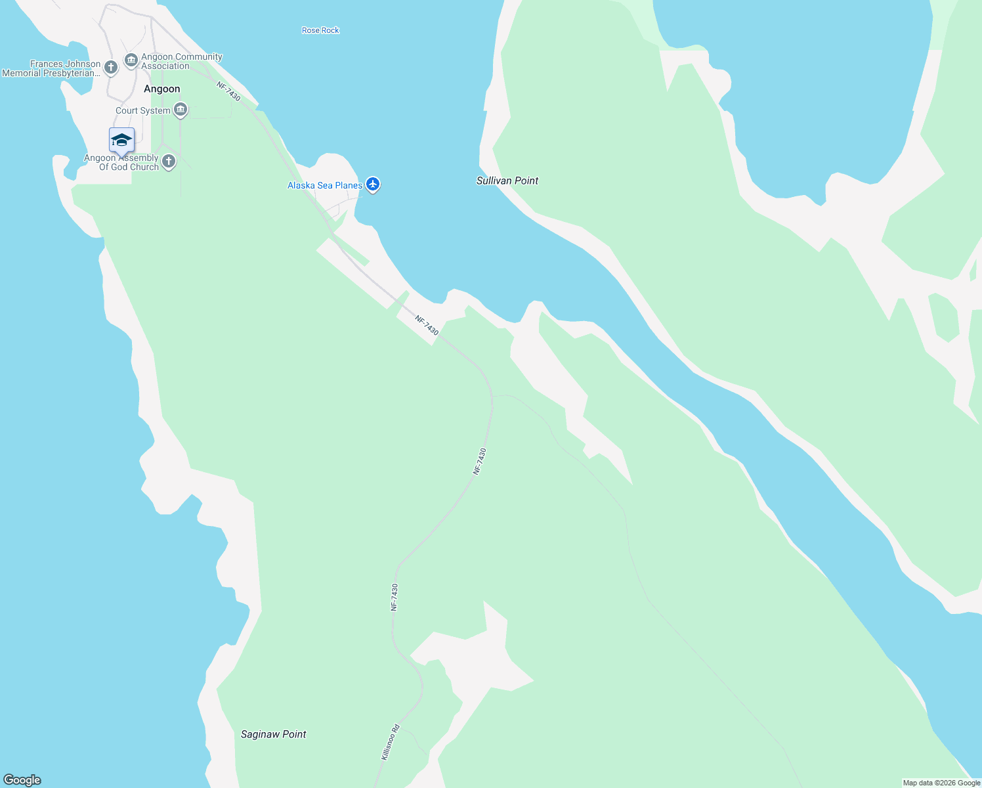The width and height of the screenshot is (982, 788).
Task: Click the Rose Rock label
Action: [x=320, y=30]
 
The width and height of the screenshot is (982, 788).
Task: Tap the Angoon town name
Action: [x=161, y=89]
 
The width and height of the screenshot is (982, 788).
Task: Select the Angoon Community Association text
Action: [x=182, y=61]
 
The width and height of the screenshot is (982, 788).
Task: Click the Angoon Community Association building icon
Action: [x=131, y=60]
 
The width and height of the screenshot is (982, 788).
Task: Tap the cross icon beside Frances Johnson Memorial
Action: [x=111, y=66]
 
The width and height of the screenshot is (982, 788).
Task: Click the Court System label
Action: [x=142, y=110]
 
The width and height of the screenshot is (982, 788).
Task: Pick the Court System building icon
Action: [x=181, y=110]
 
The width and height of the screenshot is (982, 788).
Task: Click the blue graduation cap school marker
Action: [x=121, y=141]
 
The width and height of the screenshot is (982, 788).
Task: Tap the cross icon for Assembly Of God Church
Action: [x=169, y=162]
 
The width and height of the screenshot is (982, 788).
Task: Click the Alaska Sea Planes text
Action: [x=324, y=185]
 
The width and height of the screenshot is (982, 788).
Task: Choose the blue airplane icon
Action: [x=373, y=184]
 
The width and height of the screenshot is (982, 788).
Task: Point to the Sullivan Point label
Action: [x=507, y=181]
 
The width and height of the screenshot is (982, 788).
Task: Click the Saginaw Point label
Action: [x=273, y=734]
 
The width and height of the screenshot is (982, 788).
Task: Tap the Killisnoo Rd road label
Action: [x=390, y=742]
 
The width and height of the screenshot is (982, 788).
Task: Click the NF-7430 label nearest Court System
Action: [x=228, y=91]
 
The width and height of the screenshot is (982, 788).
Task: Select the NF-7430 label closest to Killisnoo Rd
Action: [x=395, y=597]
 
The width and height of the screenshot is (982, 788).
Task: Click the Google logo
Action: [x=22, y=780]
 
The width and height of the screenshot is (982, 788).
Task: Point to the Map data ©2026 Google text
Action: [x=941, y=783]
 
